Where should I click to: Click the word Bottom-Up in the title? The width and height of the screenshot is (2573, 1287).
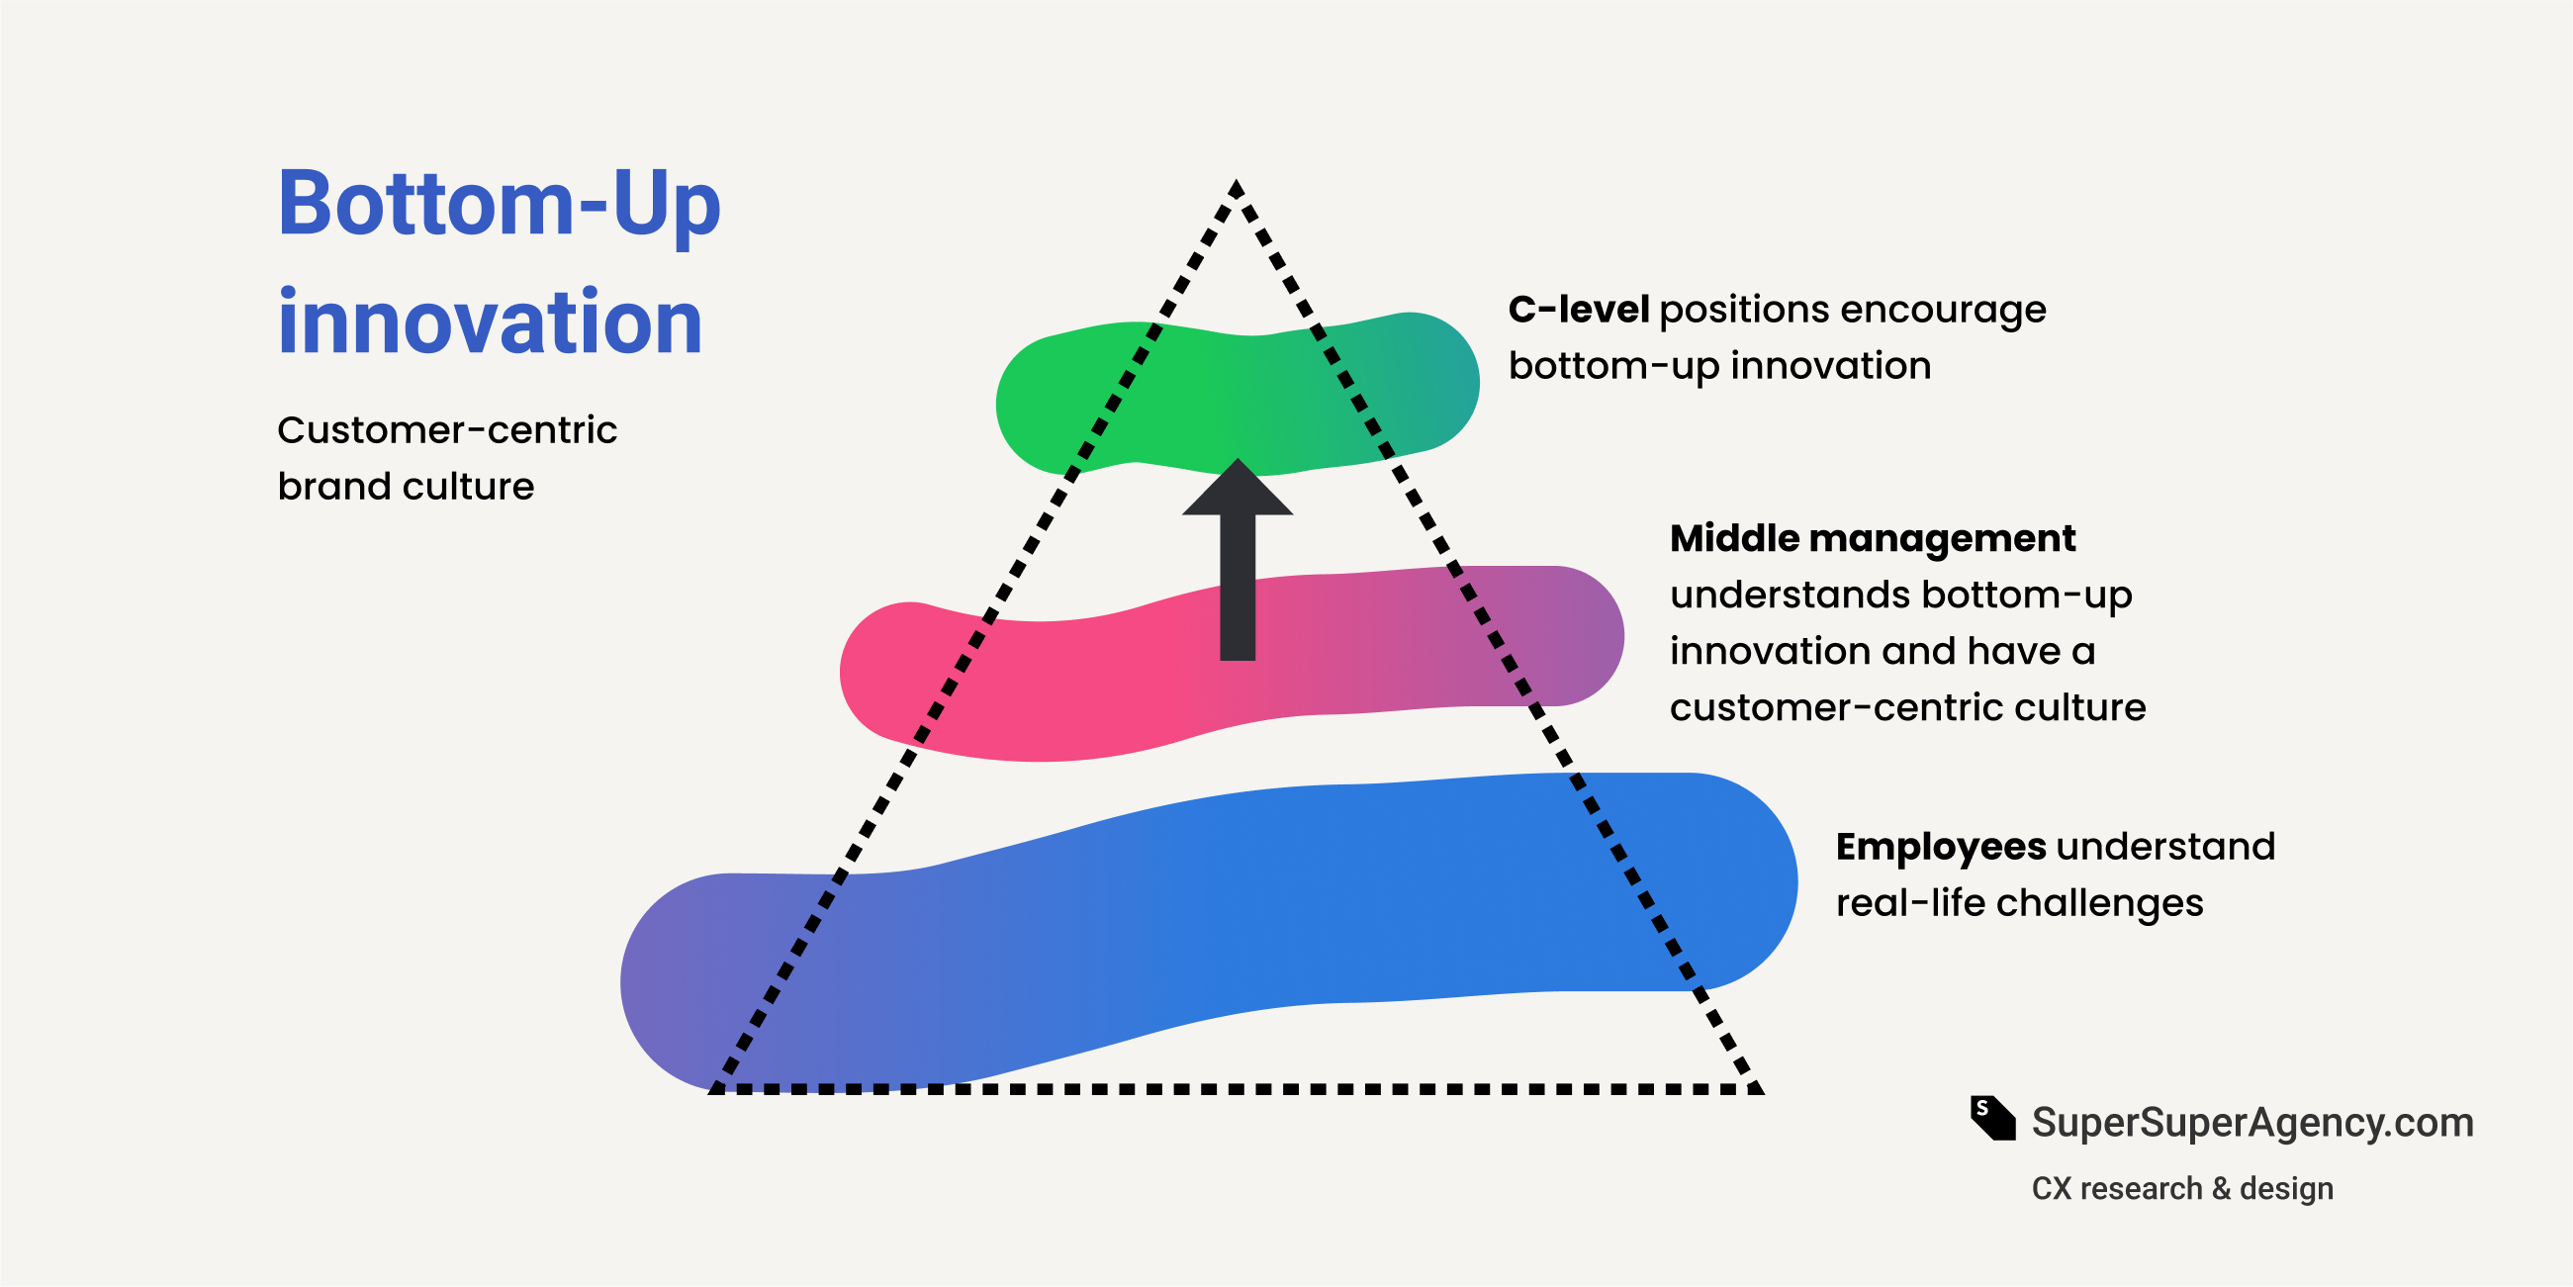coord(499,205)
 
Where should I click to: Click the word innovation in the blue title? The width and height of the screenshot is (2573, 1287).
coord(491,322)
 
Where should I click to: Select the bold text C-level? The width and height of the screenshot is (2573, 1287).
coord(1578,310)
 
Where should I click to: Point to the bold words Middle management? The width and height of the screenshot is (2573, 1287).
coord(1872,538)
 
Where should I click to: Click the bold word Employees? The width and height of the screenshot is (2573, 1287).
coord(1941,847)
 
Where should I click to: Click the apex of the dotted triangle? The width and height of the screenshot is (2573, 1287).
coord(1237,187)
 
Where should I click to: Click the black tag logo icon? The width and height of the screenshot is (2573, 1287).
coord(1991,1118)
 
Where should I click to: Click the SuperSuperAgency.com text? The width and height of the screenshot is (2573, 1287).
coord(2252,1122)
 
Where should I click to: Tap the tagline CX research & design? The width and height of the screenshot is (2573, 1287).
coord(2181,1188)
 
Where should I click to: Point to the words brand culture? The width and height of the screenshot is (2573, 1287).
coord(406,487)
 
